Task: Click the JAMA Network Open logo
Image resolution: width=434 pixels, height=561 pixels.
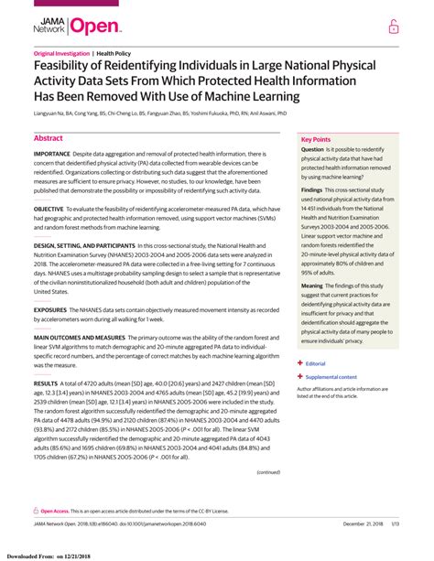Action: tap(69, 27)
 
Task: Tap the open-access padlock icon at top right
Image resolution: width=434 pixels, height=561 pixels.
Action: tap(394, 27)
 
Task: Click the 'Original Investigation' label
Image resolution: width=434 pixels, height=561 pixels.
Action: tap(61, 54)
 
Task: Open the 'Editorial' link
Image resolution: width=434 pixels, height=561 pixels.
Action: tap(317, 363)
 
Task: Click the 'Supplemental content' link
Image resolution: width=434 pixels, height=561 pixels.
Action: tap(331, 376)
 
